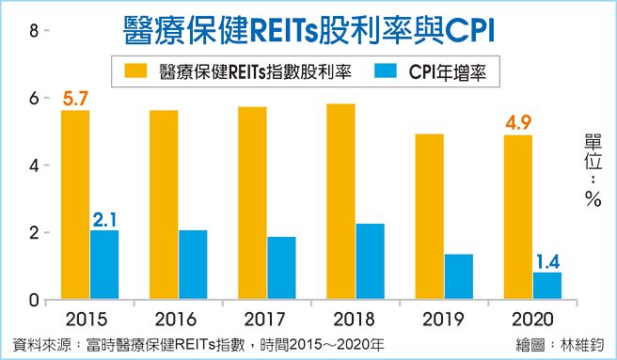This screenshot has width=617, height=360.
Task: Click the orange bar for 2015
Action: (76, 205)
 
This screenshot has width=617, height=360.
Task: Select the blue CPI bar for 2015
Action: (104, 265)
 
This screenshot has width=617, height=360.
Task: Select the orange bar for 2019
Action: (429, 217)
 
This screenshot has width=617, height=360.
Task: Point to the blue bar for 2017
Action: (281, 268)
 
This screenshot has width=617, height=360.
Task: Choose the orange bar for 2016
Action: (164, 205)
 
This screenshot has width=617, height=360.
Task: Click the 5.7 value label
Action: (76, 95)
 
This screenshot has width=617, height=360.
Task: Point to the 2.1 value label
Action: (105, 219)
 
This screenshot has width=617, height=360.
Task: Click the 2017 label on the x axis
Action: (264, 319)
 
